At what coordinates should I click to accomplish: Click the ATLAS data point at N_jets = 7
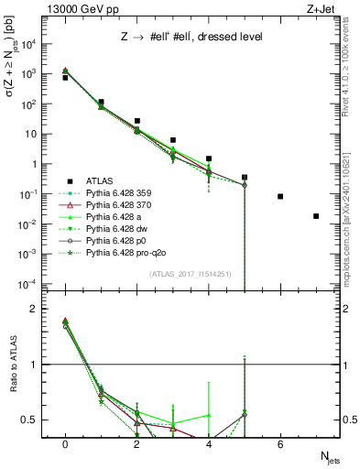pyautogui.click(x=316, y=216)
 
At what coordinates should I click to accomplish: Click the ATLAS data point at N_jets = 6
pyautogui.click(x=280, y=197)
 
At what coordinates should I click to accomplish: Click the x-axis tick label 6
pyautogui.click(x=280, y=444)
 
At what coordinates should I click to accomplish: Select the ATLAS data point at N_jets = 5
pyautogui.click(x=245, y=177)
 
